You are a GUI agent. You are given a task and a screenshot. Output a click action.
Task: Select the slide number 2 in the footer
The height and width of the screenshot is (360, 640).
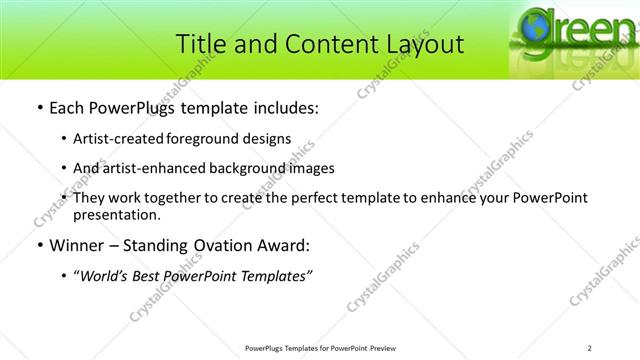point(590,347)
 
